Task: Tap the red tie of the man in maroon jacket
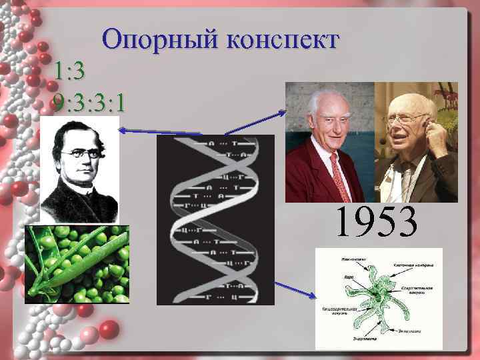click(341, 177)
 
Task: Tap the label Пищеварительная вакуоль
click(341, 311)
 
